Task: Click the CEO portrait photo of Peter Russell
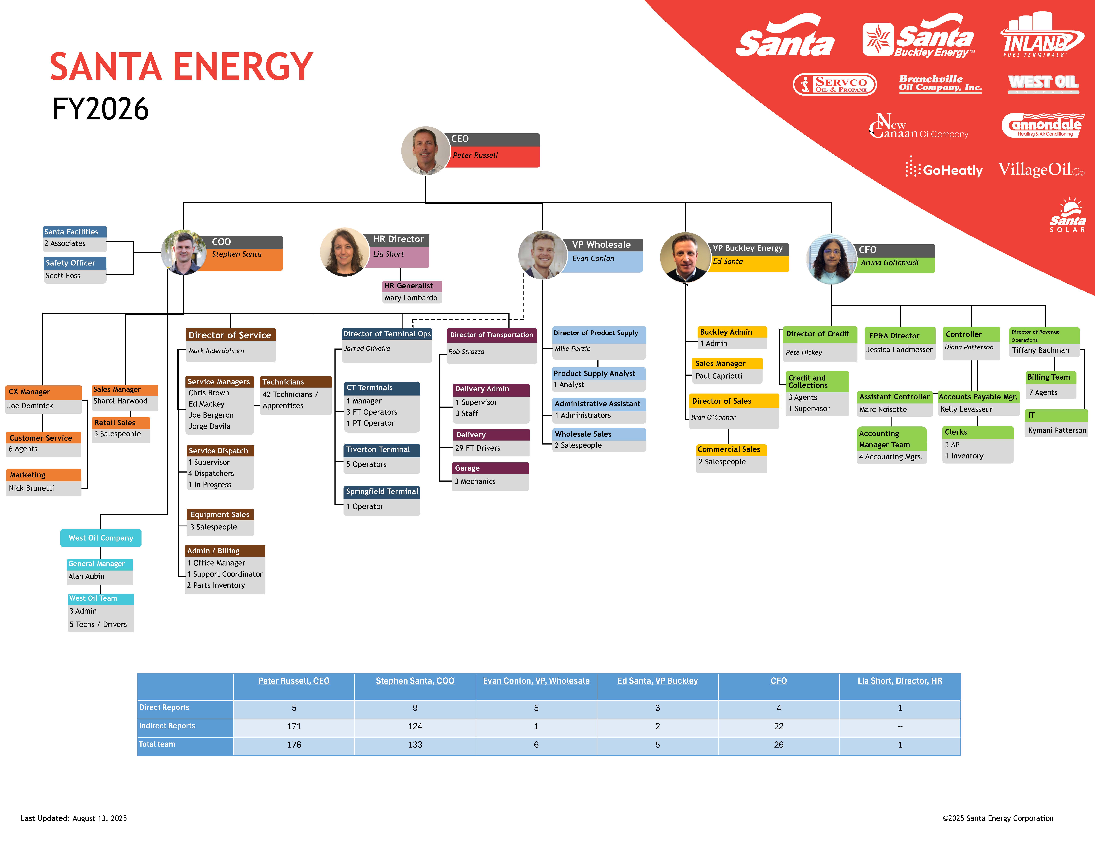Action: (x=426, y=150)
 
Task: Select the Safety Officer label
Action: (x=70, y=263)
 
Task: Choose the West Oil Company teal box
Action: (x=101, y=538)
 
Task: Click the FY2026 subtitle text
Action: (x=100, y=109)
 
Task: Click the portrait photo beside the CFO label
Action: (x=831, y=259)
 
